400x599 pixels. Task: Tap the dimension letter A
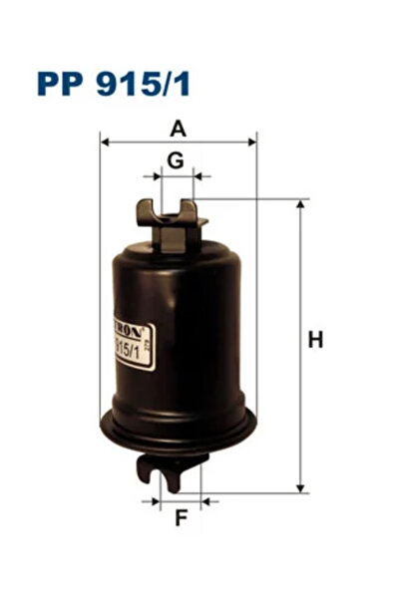click(178, 128)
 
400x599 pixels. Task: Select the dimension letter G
click(175, 159)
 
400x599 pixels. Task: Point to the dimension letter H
click(316, 340)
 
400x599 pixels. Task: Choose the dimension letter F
click(181, 517)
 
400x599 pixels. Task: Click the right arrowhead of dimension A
click(253, 142)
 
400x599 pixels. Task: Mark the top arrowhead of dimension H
click(300, 203)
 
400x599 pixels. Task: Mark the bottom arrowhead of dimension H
click(300, 487)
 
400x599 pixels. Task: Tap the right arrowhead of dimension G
click(200, 176)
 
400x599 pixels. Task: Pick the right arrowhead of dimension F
click(205, 500)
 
